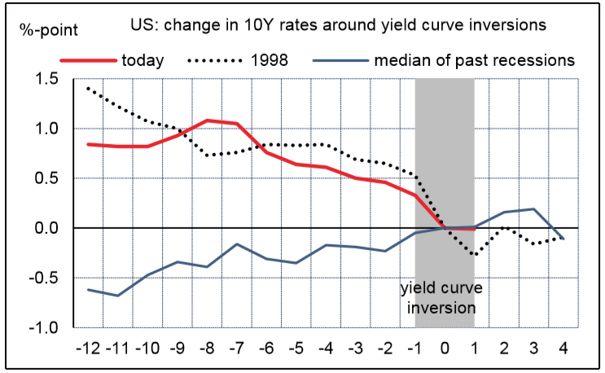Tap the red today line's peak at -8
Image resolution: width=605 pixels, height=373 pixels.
pyautogui.click(x=208, y=121)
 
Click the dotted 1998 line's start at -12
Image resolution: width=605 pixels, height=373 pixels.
pyautogui.click(x=87, y=88)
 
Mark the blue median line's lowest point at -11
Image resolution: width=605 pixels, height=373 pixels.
pyautogui.click(x=119, y=296)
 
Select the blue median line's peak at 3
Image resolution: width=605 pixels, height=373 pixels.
pyautogui.click(x=533, y=209)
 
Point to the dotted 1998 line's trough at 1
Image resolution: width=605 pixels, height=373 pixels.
pyautogui.click(x=474, y=255)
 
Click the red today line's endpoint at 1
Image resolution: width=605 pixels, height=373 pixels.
pyautogui.click(x=474, y=229)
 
